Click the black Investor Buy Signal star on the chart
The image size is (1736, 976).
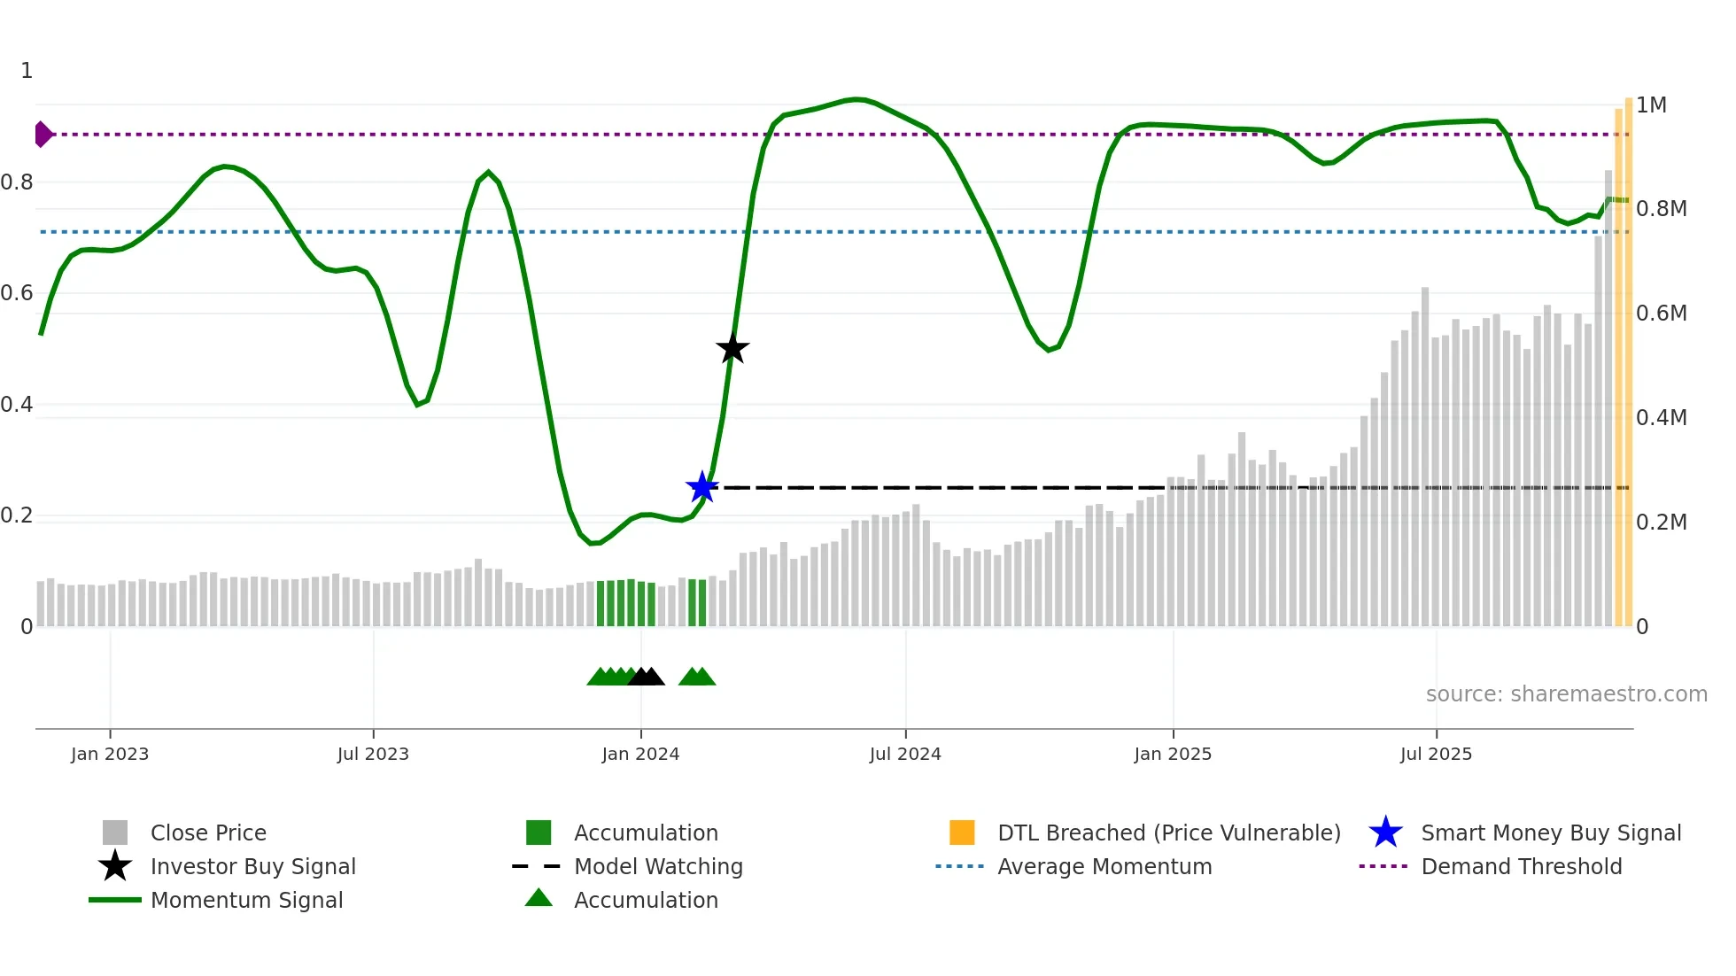(732, 348)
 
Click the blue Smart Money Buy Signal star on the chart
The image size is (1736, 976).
(702, 487)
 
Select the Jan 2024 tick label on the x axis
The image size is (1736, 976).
(640, 754)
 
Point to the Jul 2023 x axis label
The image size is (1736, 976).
(373, 754)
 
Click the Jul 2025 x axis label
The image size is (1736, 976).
(1436, 754)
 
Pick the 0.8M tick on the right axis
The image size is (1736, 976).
(1661, 209)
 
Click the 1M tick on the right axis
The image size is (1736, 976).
(1651, 105)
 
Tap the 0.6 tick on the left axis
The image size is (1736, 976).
(17, 293)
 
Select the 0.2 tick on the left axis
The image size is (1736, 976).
(17, 515)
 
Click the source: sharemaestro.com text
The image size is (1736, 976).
(1566, 694)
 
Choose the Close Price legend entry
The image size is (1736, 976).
(208, 833)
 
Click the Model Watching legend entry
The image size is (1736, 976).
(658, 866)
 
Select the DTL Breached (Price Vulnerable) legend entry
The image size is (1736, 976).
(1168, 833)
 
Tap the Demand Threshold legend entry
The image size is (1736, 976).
(1521, 866)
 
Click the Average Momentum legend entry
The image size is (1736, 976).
(1104, 866)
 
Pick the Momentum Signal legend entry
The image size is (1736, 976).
(246, 900)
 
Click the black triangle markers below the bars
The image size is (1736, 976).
(646, 677)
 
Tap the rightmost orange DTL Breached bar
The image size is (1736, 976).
(1628, 363)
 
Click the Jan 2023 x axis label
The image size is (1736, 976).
(110, 754)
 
